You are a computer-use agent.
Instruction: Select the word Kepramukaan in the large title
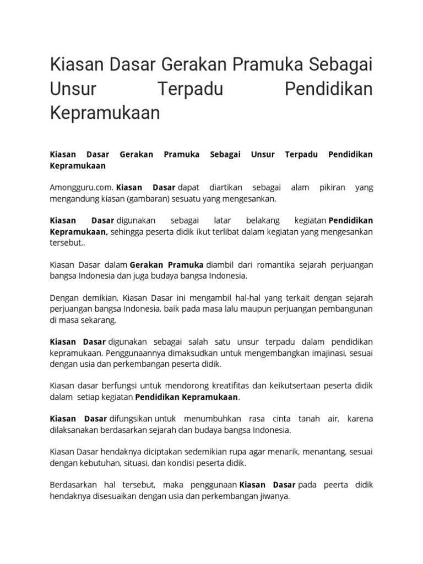tap(105, 113)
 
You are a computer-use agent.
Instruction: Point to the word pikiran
tap(332, 187)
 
